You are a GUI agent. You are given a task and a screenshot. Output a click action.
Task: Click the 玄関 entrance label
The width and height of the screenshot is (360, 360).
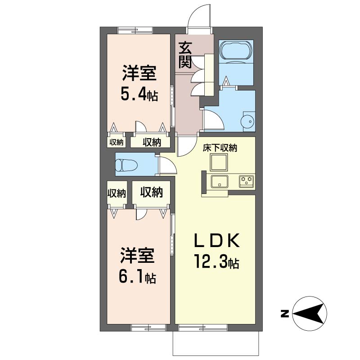click(185, 55)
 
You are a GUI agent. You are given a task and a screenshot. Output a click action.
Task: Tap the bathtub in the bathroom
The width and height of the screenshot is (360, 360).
click(236, 50)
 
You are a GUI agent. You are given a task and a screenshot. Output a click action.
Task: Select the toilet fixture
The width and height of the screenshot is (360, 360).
click(126, 165)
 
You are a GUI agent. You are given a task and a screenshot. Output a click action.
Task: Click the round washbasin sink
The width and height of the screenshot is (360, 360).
click(247, 121)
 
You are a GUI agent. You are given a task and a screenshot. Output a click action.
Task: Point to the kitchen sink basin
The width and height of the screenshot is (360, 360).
click(220, 182)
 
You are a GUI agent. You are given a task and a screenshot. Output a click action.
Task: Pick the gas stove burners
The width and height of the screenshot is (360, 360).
click(247, 181)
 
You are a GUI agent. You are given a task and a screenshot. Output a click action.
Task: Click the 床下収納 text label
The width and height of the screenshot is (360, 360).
click(220, 148)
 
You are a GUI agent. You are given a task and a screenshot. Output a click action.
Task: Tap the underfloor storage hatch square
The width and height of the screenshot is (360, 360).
click(219, 162)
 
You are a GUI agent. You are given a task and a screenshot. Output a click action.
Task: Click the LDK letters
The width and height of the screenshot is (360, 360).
click(217, 240)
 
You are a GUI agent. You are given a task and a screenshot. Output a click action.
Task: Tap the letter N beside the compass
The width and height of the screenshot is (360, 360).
click(285, 314)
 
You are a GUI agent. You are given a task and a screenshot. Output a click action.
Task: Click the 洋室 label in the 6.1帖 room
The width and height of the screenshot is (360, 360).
click(138, 255)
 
